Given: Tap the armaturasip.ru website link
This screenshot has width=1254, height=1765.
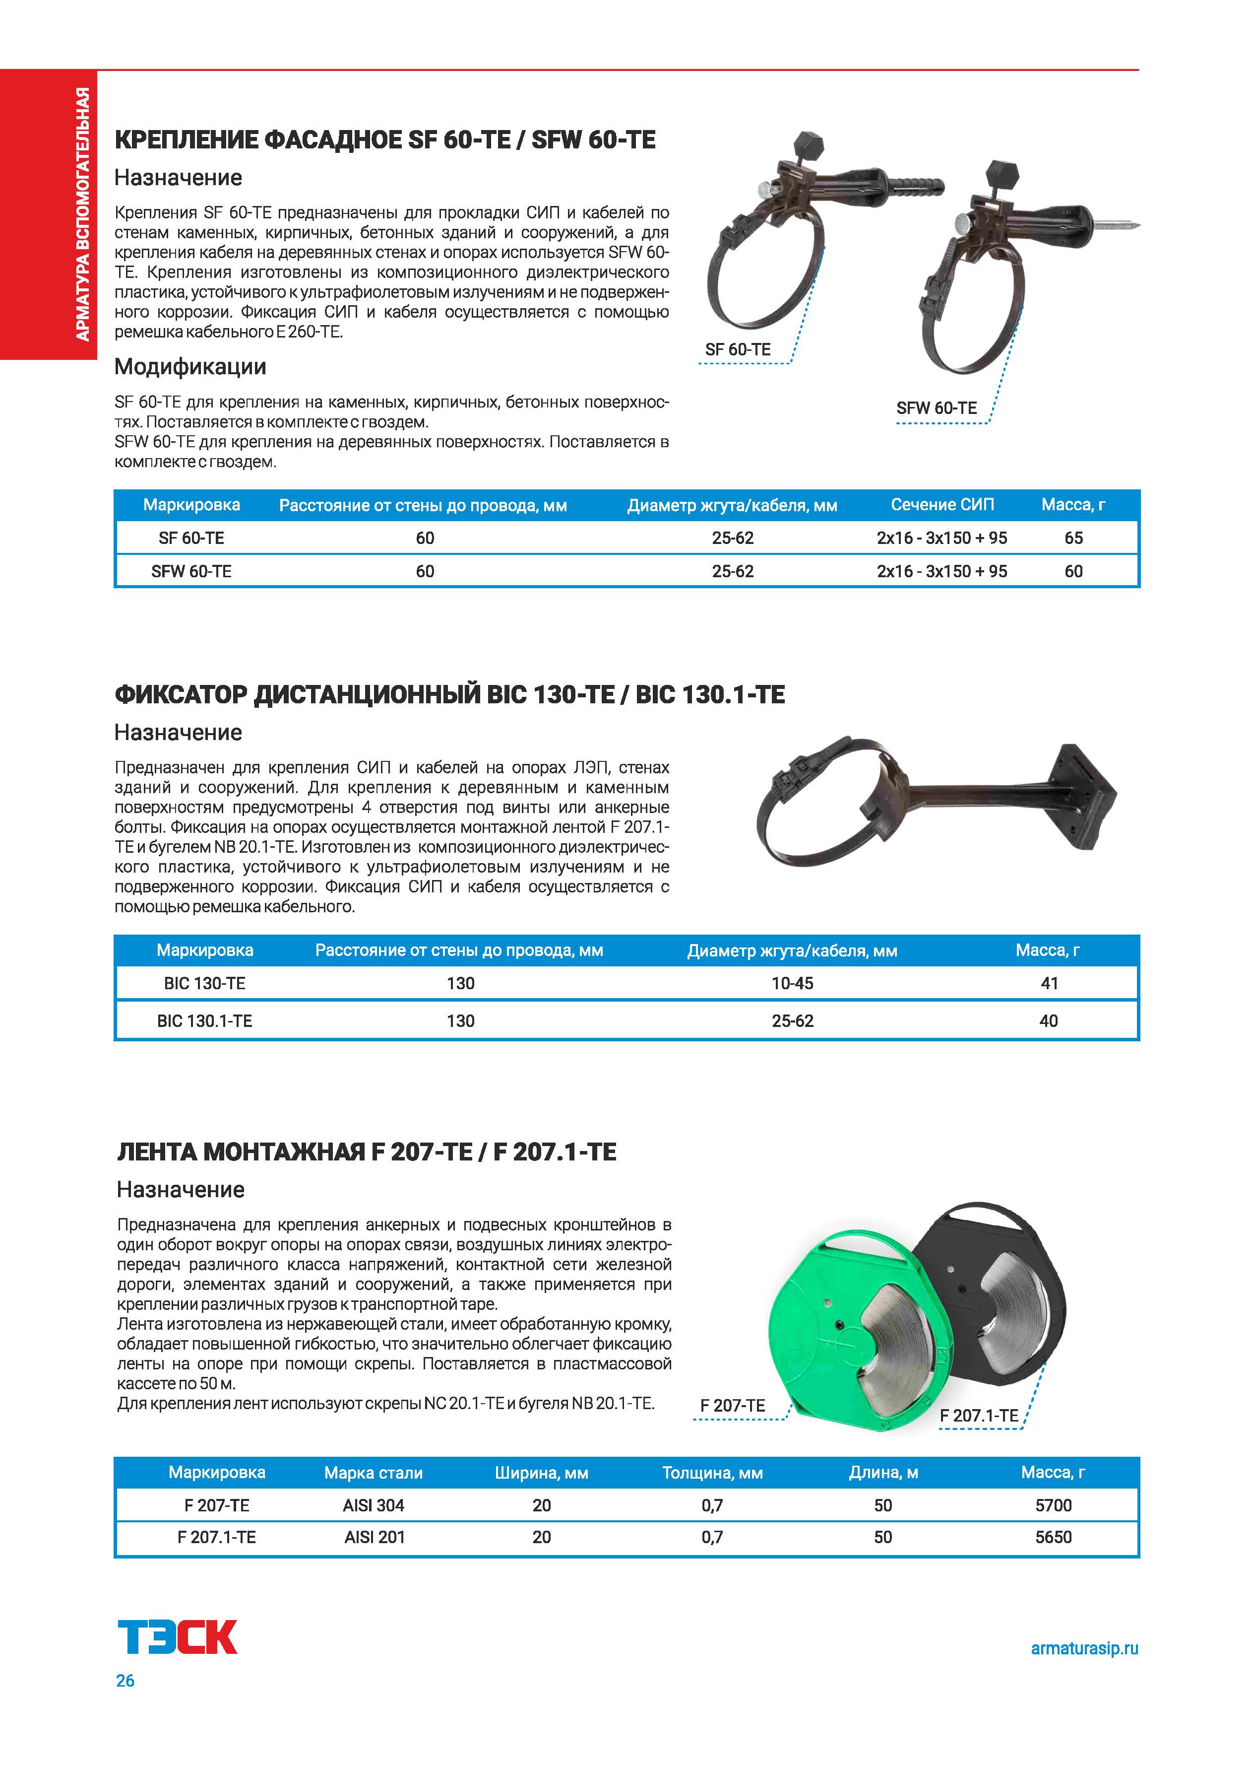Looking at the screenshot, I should click(x=1084, y=1648).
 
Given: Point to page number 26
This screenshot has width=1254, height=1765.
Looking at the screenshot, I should click(x=125, y=1681).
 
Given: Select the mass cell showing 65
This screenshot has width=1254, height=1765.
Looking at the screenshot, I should click(x=1073, y=539).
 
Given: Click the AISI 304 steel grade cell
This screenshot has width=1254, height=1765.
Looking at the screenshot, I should click(x=374, y=1505).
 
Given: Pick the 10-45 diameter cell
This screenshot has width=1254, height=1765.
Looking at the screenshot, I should click(x=792, y=983).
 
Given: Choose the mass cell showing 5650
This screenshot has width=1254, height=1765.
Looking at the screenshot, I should click(x=1053, y=1537).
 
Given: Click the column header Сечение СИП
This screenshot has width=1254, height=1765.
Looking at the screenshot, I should click(x=942, y=505).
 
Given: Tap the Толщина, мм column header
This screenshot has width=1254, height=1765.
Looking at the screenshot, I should click(x=712, y=1473).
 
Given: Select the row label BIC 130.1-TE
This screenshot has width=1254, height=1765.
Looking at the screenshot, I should click(x=205, y=1021).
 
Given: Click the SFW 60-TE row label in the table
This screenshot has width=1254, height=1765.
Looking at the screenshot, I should click(x=191, y=572).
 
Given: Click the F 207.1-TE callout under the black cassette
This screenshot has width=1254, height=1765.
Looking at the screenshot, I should click(x=978, y=1416).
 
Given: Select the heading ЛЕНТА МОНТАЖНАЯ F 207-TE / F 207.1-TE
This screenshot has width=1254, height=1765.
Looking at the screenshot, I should click(x=367, y=1153).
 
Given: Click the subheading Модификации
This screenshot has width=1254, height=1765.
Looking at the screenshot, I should click(x=190, y=367).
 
